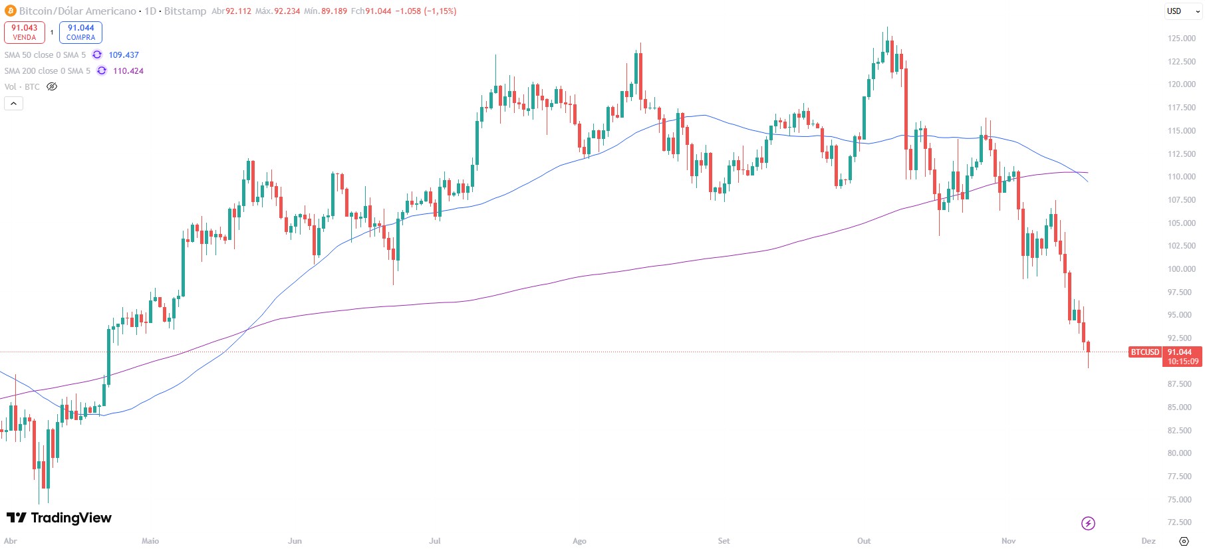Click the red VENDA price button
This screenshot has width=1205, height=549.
(x=25, y=32)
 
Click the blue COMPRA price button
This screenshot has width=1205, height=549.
(x=80, y=32)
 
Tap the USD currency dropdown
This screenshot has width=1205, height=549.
(x=1183, y=11)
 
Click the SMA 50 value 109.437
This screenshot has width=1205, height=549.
(x=124, y=55)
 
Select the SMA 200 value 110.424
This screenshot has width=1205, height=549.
(x=128, y=71)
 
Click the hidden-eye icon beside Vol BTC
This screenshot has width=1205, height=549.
(x=52, y=87)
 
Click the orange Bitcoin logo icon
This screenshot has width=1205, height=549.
(x=10, y=11)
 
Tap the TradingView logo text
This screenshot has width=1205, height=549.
(x=59, y=518)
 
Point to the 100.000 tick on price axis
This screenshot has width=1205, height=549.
(x=1181, y=269)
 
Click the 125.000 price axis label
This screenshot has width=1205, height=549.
(x=1181, y=39)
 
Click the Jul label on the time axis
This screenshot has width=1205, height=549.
(x=434, y=541)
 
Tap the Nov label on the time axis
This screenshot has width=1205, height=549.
(x=1008, y=541)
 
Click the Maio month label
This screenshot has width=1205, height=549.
(x=150, y=541)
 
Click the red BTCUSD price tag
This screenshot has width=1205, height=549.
(x=1144, y=352)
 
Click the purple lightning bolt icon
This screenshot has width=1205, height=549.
(x=1088, y=524)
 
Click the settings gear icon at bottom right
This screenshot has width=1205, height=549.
(x=1184, y=541)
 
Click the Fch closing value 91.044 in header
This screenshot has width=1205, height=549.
(x=378, y=11)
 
